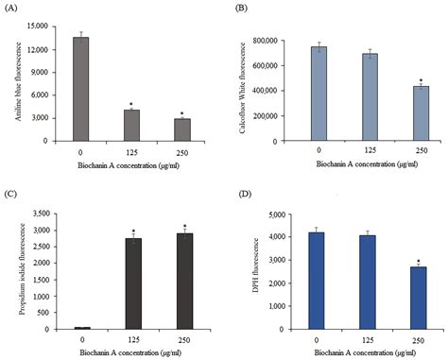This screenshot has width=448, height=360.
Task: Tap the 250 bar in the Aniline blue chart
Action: point(181,129)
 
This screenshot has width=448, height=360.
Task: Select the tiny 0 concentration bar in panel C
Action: point(82,327)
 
